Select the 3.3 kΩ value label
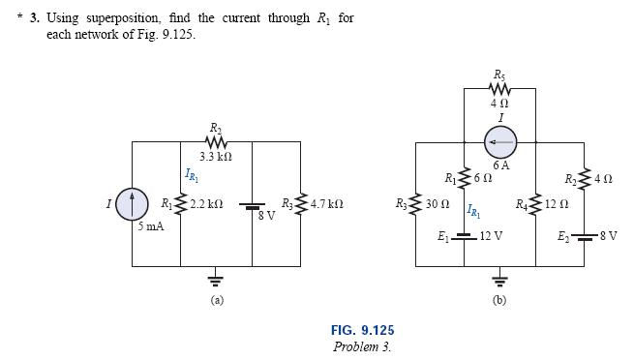click(x=213, y=156)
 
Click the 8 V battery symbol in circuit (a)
click(x=252, y=206)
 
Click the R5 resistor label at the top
click(x=498, y=75)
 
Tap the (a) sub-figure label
click(x=218, y=300)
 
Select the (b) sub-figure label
click(x=498, y=300)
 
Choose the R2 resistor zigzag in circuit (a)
click(x=213, y=141)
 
